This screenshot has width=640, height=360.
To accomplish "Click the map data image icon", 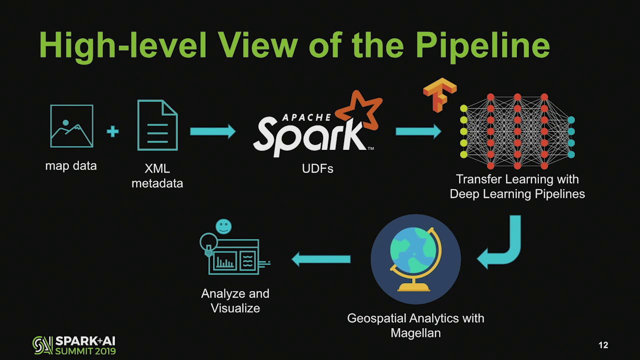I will pyautogui.click(x=71, y=126).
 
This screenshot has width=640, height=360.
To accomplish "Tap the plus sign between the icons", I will pyautogui.click(x=112, y=131).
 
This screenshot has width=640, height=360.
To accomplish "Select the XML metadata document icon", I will pyautogui.click(x=157, y=125).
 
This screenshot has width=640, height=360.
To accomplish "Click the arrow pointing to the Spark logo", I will pyautogui.click(x=212, y=131).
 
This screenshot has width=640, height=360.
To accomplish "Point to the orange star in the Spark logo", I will pyautogui.click(x=359, y=110).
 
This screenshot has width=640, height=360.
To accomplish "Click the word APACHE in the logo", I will pyautogui.click(x=306, y=117).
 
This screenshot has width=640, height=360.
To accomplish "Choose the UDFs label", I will pyautogui.click(x=317, y=169).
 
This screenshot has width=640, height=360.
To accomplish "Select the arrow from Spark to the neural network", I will pyautogui.click(x=418, y=131).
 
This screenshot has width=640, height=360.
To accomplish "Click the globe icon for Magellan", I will pyautogui.click(x=415, y=259).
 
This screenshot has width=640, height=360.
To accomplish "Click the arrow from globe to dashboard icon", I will pyautogui.click(x=321, y=259).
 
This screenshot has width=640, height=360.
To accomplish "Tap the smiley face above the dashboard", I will pyautogui.click(x=223, y=226).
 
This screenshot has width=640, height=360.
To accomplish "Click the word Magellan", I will pyautogui.click(x=415, y=332).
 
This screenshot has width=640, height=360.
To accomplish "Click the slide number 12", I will pyautogui.click(x=603, y=345).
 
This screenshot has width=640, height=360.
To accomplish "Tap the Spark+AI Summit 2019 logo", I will pyautogui.click(x=74, y=345).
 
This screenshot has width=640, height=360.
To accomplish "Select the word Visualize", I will pyautogui.click(x=235, y=308).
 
